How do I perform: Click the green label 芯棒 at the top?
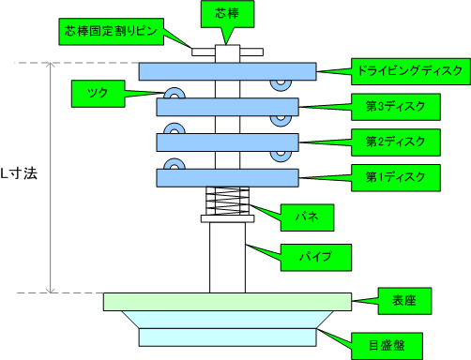(225, 14)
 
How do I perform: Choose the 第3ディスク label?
(395, 106)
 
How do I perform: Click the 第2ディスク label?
(395, 142)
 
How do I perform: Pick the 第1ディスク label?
(395, 176)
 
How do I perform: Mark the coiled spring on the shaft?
(227, 200)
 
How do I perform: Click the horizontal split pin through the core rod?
(202, 52)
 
